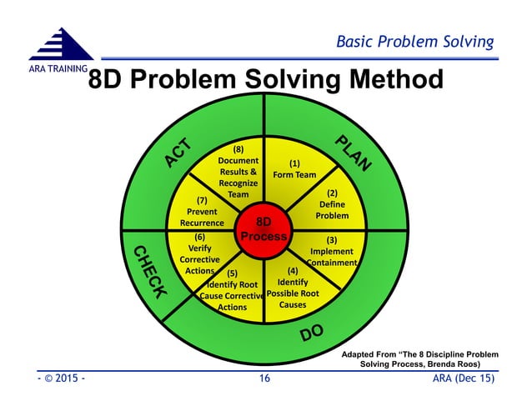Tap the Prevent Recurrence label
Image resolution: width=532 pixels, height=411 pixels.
click(x=202, y=212)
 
